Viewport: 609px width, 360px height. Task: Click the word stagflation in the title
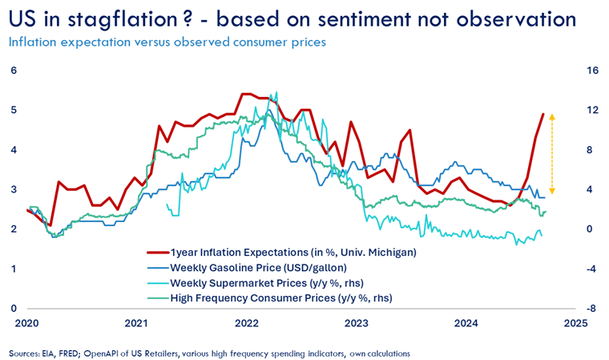119,18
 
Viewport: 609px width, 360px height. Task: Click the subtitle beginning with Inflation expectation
167,42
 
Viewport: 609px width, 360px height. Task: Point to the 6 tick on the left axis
14,71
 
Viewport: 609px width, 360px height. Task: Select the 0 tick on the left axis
14,308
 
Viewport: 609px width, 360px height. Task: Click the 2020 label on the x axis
26,325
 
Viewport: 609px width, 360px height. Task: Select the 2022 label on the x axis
246,325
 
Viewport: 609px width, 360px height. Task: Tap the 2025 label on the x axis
575,325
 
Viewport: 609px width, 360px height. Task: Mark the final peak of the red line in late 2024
543,114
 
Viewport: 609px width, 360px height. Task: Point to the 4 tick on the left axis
14,149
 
